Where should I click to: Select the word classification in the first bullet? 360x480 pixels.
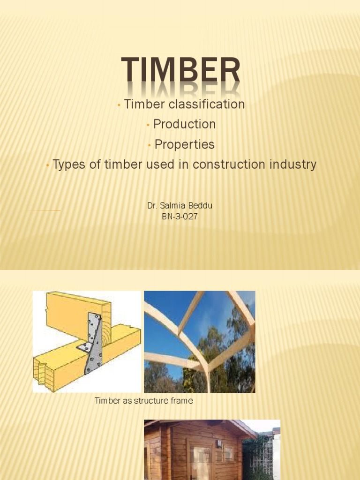pos(208,104)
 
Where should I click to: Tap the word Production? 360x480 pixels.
pos(184,124)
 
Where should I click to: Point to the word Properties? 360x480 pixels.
pos(184,144)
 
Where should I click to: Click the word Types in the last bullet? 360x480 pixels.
pos(67,165)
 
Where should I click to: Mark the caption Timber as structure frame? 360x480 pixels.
pos(143,401)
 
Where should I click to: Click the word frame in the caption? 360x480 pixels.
pos(182,401)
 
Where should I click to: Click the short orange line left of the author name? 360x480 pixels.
pos(45,211)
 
